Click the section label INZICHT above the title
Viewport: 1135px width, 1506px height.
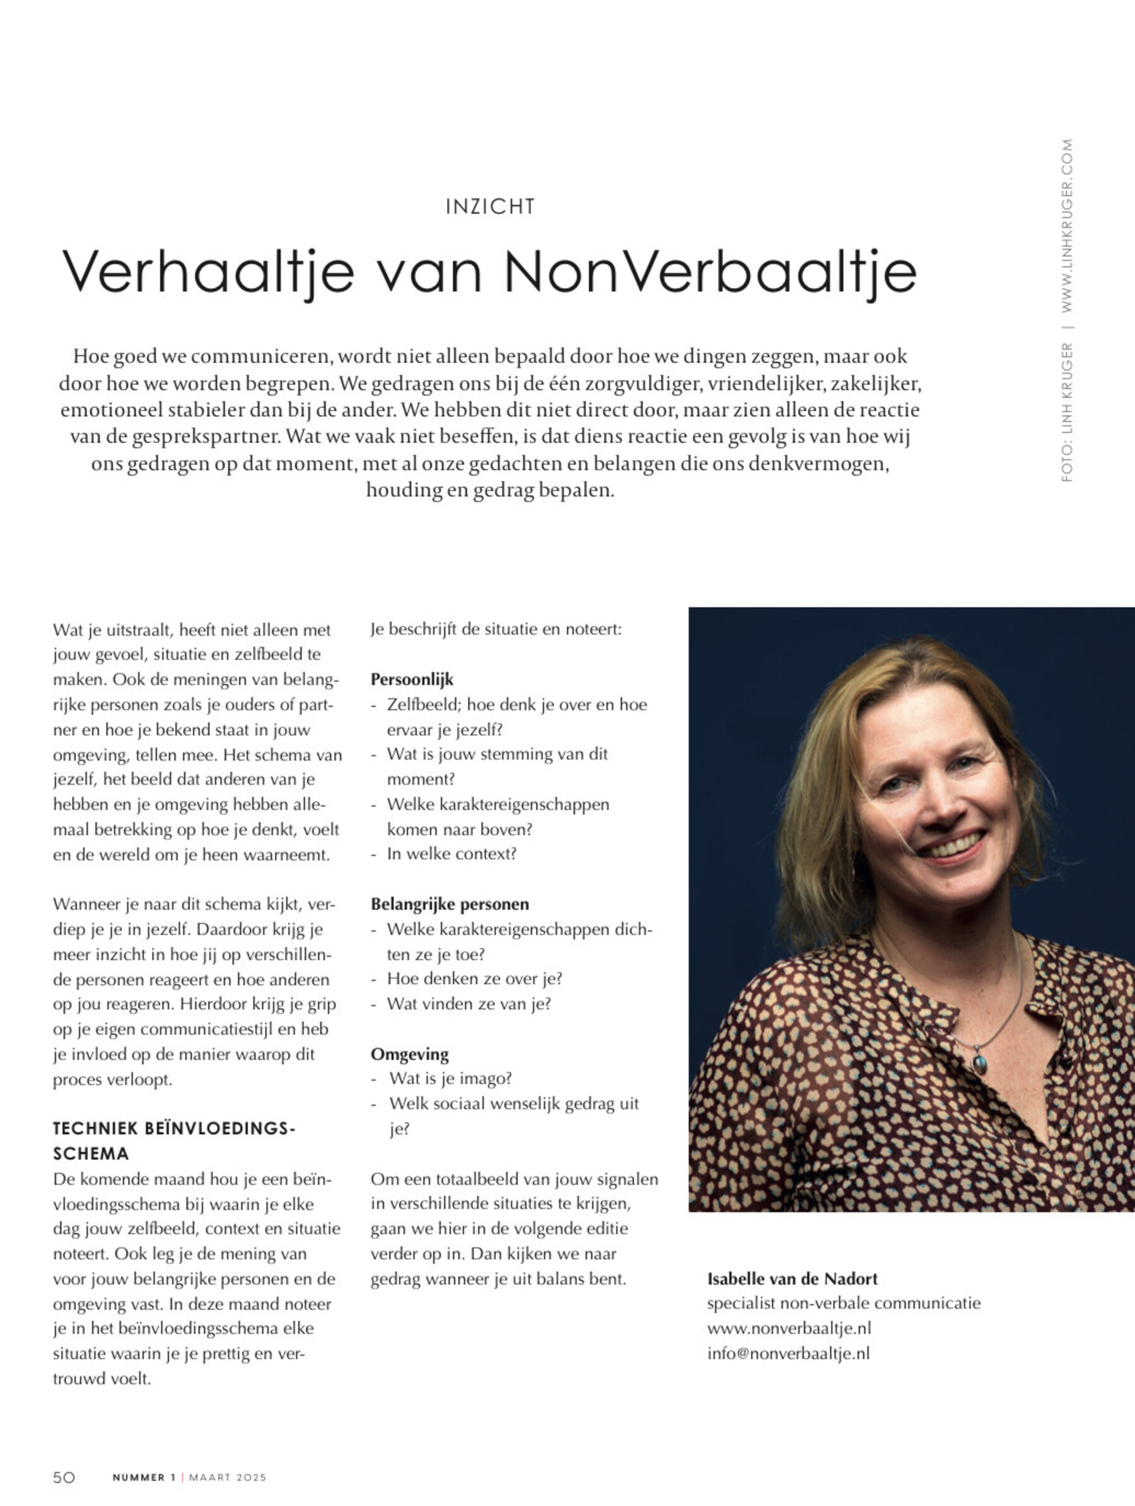pos(490,206)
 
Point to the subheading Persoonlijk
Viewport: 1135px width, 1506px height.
pos(412,679)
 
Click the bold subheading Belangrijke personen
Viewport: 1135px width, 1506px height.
pos(450,904)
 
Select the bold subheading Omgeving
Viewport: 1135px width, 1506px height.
pos(409,1054)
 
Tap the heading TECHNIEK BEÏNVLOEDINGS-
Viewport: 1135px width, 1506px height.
pos(174,1128)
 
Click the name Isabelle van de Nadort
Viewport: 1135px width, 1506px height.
pos(793,1278)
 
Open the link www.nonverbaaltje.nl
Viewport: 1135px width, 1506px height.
pos(789,1328)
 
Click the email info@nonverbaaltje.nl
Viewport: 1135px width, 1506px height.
pos(788,1353)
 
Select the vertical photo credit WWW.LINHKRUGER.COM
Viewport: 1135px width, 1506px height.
pos(1066,225)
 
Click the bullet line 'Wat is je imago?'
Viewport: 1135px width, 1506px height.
pos(450,1079)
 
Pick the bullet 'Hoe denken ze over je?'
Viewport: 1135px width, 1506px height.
pos(474,978)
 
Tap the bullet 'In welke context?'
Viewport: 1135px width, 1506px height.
pos(451,854)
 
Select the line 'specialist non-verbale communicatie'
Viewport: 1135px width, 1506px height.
pos(844,1303)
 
